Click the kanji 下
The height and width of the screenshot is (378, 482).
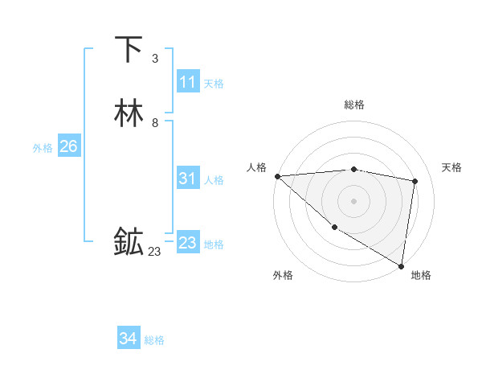coord(129,50)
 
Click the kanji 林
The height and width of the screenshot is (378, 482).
coord(129,113)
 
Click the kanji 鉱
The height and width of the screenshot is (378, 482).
coord(129,241)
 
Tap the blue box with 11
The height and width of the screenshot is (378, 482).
coord(187,82)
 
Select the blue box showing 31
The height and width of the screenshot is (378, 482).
coord(187,179)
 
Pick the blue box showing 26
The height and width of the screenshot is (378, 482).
coord(68,146)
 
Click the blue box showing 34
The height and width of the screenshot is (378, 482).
coord(128,339)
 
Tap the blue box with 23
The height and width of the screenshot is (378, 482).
coord(187,243)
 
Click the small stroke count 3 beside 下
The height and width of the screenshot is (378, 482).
coord(154,58)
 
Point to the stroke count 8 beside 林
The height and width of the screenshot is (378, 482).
coord(154,123)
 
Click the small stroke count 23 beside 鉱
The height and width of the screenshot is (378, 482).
coord(154,252)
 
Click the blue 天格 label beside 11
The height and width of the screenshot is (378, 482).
coord(214,84)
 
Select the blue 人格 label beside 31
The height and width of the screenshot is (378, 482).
coord(214,181)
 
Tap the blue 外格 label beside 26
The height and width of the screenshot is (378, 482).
coord(43,148)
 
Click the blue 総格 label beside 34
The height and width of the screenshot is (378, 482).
coord(154,341)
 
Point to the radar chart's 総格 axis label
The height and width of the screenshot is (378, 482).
coord(353,105)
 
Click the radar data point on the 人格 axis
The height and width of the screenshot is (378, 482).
coord(277,176)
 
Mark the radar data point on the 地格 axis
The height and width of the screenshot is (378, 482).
coord(401,265)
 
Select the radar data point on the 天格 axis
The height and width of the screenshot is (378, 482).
coord(415,181)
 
